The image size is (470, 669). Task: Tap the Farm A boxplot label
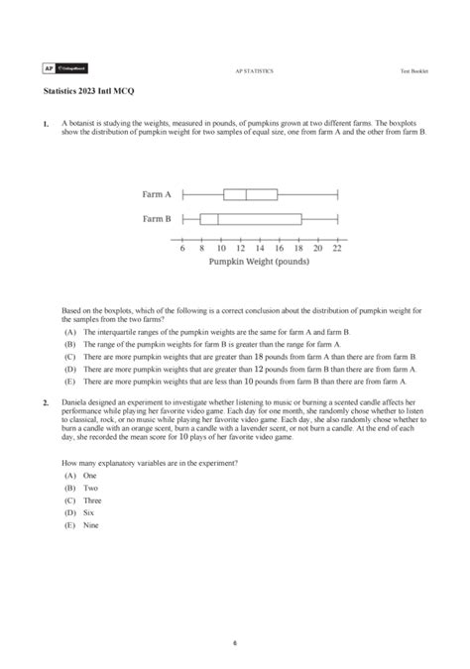pyautogui.click(x=157, y=195)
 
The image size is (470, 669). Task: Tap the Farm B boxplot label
pyautogui.click(x=157, y=219)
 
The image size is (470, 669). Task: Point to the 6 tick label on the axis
pyautogui.click(x=183, y=249)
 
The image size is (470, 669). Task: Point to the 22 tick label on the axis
pyautogui.click(x=337, y=249)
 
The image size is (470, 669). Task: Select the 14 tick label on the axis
pyautogui.click(x=260, y=249)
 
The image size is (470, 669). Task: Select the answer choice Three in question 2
pyautogui.click(x=91, y=501)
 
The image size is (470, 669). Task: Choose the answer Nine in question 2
pyautogui.click(x=90, y=525)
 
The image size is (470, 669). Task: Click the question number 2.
pyautogui.click(x=46, y=402)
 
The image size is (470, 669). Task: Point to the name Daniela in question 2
pyautogui.click(x=75, y=402)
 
